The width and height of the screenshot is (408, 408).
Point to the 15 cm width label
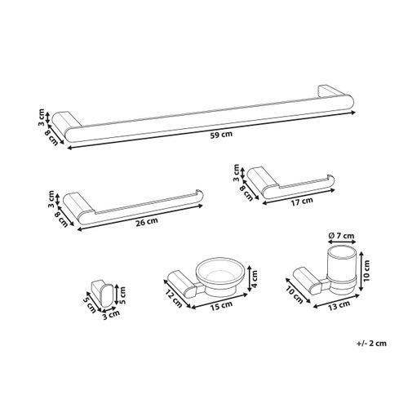tap(218, 306)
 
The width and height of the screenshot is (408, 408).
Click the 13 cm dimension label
tap(333, 307)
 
